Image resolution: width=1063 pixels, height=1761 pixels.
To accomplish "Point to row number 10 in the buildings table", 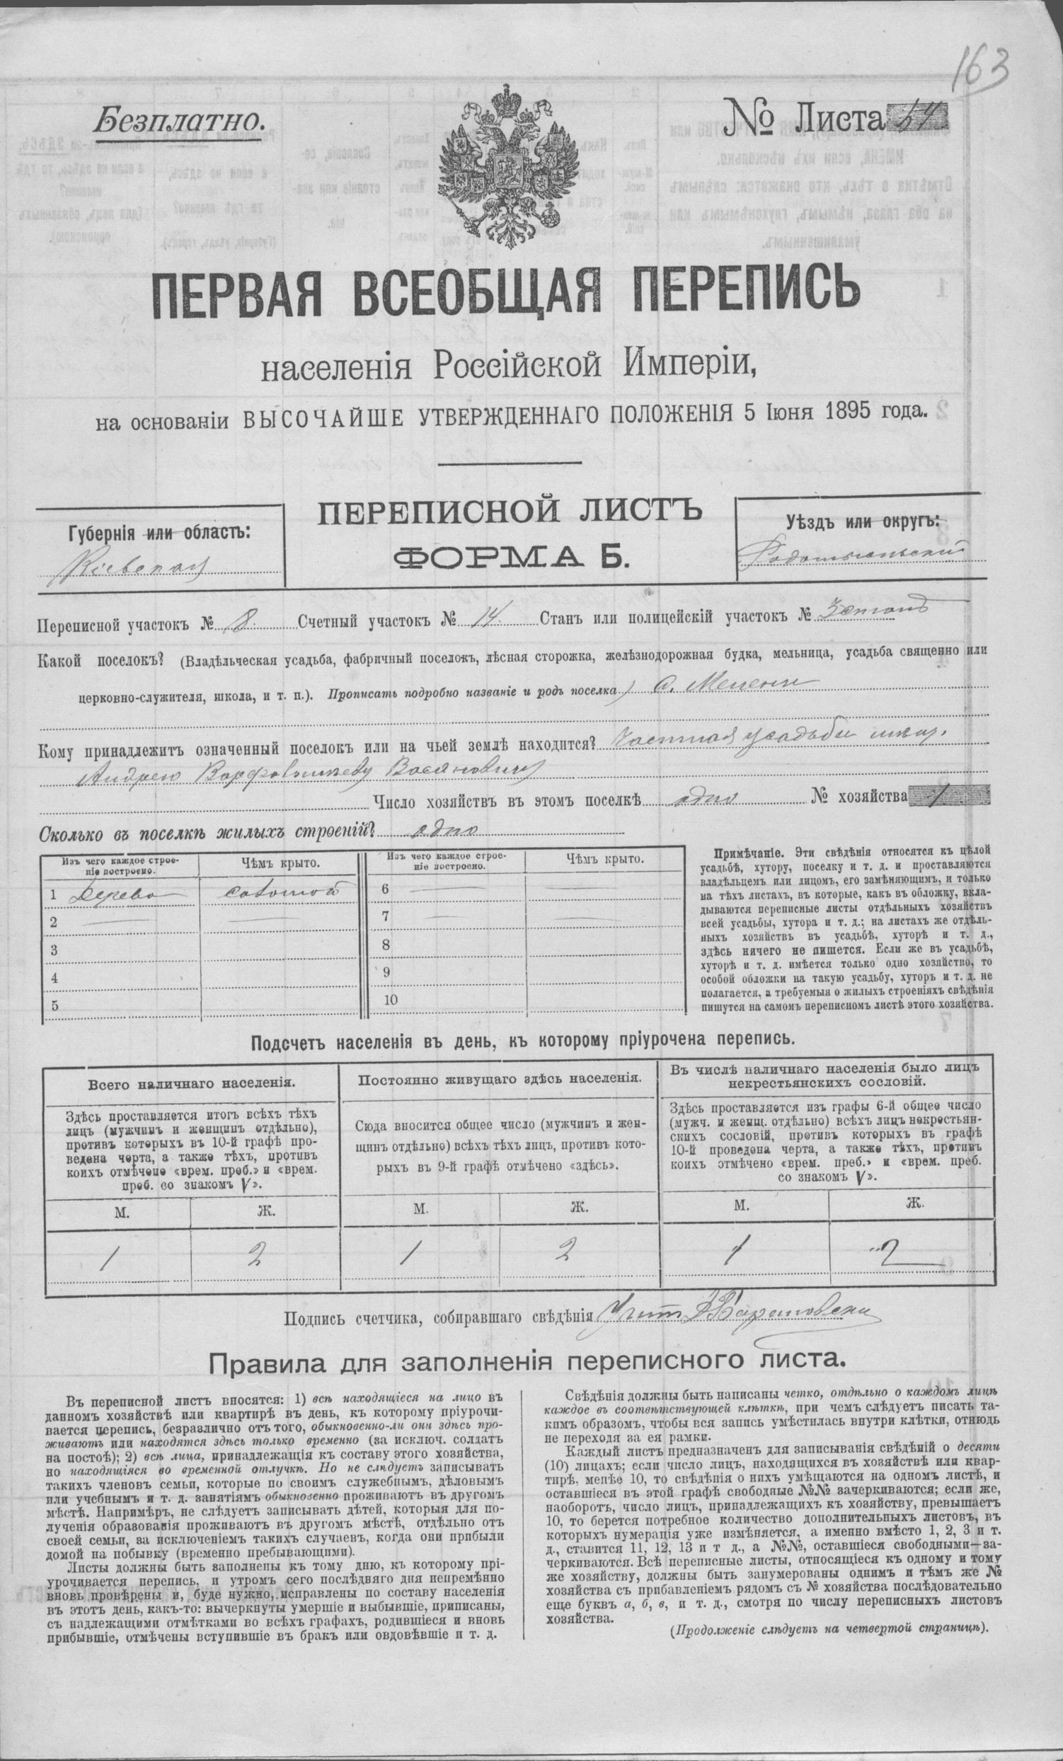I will click(x=391, y=1000).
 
